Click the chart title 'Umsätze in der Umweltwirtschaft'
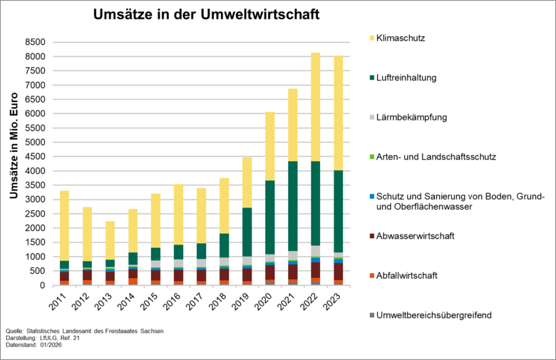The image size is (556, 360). [207, 14]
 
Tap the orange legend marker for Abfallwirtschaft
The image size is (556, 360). [372, 275]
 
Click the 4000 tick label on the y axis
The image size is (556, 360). [36, 171]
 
